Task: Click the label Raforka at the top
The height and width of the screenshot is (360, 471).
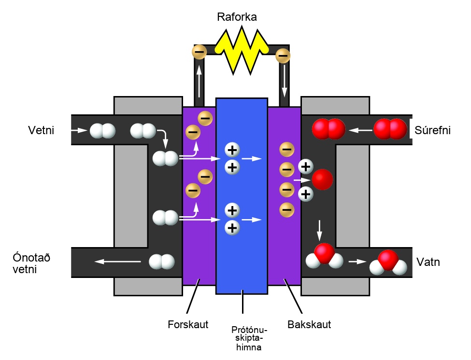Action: pyautogui.click(x=237, y=17)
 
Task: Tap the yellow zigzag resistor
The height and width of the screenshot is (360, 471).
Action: pyautogui.click(x=242, y=50)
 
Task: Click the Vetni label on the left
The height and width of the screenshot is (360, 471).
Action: pyautogui.click(x=41, y=130)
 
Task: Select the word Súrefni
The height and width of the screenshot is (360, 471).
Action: pyautogui.click(x=432, y=130)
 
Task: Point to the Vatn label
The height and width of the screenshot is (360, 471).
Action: pyautogui.click(x=428, y=262)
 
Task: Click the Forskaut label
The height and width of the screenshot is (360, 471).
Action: pyautogui.click(x=188, y=324)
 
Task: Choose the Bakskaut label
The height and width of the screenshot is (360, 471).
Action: pyautogui.click(x=309, y=324)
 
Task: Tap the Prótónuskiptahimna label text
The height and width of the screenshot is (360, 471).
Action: pyautogui.click(x=249, y=338)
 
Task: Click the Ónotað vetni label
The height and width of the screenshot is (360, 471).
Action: pyautogui.click(x=31, y=263)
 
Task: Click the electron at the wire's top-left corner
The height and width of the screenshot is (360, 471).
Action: pyautogui.click(x=200, y=52)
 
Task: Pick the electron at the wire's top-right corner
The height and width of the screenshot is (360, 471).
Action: pyautogui.click(x=283, y=55)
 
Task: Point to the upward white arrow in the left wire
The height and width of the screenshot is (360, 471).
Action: pyautogui.click(x=199, y=80)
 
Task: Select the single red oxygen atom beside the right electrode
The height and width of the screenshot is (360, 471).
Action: pyautogui.click(x=322, y=180)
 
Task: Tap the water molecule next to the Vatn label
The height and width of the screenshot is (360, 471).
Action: pyautogui.click(x=388, y=263)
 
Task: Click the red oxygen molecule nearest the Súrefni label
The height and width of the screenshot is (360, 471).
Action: pyautogui.click(x=390, y=129)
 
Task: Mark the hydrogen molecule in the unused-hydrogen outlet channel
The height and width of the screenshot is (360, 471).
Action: pyautogui.click(x=162, y=262)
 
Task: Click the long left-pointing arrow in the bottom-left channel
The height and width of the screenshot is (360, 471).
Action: pyautogui.click(x=117, y=262)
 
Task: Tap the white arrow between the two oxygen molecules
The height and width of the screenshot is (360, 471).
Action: pyautogui.click(x=360, y=130)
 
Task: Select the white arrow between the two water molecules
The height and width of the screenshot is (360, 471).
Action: pyautogui.click(x=357, y=262)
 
